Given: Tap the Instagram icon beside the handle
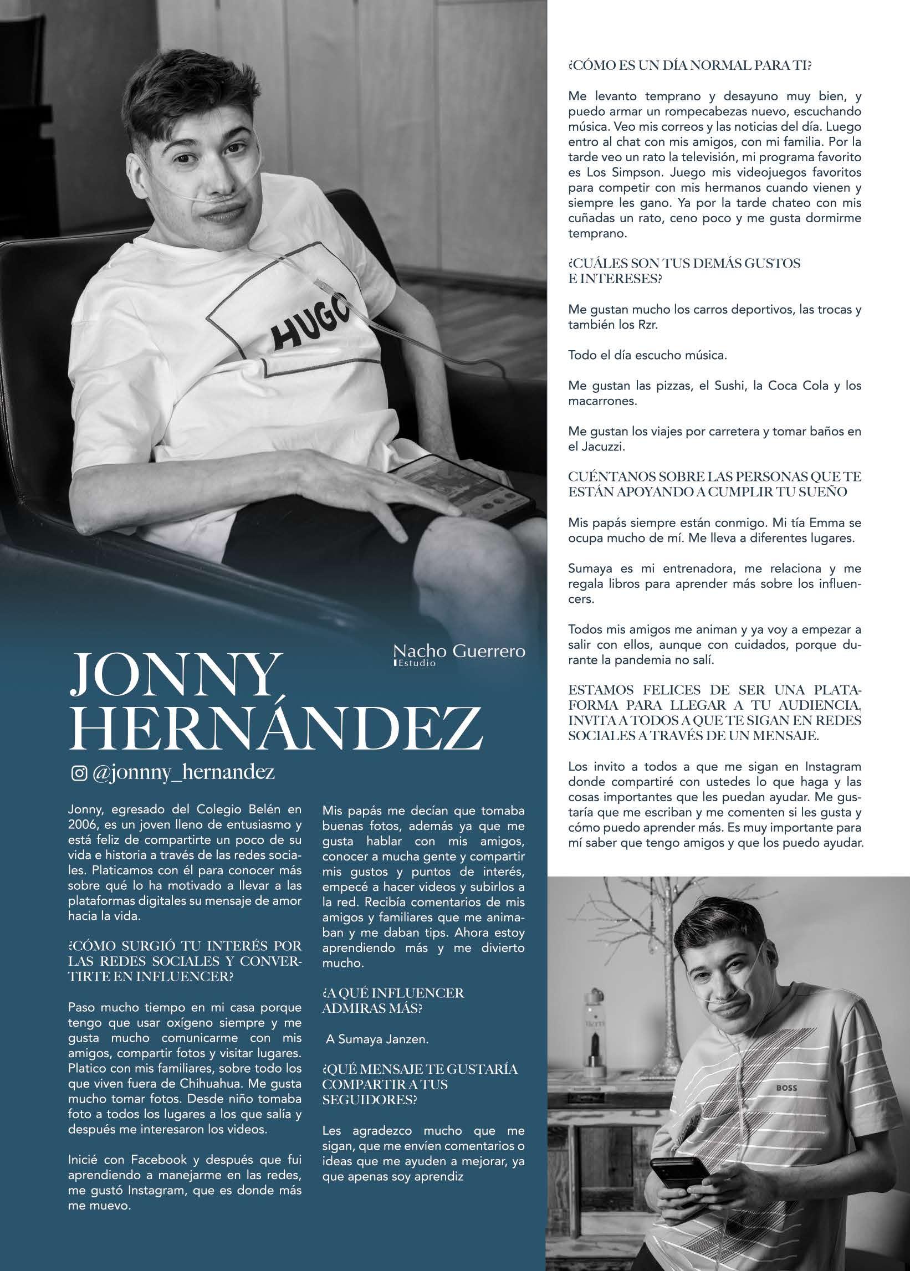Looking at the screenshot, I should tap(79, 773).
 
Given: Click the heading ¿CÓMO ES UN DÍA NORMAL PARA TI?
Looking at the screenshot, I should tap(690, 66).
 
